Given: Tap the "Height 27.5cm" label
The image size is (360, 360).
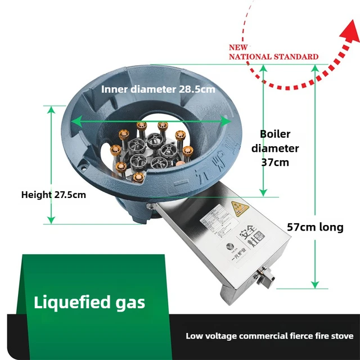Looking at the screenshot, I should [x=53, y=195].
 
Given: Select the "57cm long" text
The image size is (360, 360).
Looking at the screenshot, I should [x=315, y=227].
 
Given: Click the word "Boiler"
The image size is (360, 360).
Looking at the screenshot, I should [x=275, y=134].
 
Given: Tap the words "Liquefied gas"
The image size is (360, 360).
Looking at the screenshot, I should [x=89, y=302].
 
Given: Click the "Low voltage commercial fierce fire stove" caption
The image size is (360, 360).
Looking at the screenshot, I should [x=269, y=336].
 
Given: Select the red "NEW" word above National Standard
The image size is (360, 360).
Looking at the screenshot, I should [x=237, y=49].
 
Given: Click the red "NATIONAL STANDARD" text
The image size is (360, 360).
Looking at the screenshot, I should [x=273, y=56].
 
